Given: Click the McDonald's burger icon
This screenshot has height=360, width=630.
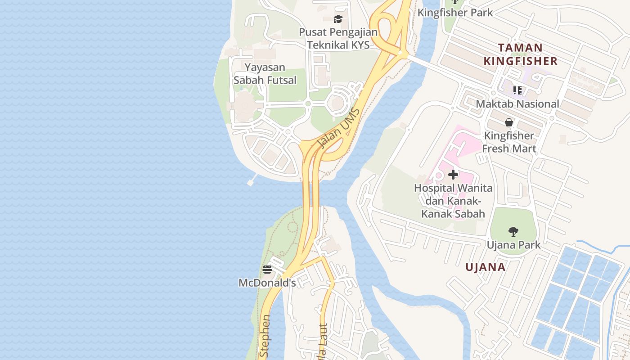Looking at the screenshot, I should tap(267, 270).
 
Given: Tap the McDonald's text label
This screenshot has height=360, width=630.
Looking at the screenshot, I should tap(267, 283).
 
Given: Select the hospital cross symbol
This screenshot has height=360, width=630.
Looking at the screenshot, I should tap(453, 174).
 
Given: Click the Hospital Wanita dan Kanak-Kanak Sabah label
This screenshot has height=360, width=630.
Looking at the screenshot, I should tap(453, 201).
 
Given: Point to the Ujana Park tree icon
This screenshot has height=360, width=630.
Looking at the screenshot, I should tap(513, 232).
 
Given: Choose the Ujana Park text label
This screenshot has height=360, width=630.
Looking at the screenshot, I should tap(513, 245).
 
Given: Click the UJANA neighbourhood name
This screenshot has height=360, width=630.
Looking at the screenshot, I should tap(486, 267).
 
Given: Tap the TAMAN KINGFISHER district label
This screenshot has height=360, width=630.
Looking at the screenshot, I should tap(521, 54).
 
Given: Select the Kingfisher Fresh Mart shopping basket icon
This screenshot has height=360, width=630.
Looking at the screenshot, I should tap(509, 122).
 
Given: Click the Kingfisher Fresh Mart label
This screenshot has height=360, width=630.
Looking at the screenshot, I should tap(509, 142).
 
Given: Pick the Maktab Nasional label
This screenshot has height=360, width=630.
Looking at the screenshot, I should tap(517, 104).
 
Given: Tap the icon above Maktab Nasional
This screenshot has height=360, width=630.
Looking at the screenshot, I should tap(517, 90).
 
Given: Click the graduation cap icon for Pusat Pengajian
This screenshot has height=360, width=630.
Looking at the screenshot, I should tap(338, 19).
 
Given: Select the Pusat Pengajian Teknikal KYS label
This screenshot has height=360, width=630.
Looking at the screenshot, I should tap(338, 39).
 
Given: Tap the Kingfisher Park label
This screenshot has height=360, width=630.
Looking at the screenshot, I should tap(455, 13).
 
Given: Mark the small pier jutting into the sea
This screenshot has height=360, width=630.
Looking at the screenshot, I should tap(251, 181).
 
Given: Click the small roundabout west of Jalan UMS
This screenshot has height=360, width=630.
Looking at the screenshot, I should tap(308, 104).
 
